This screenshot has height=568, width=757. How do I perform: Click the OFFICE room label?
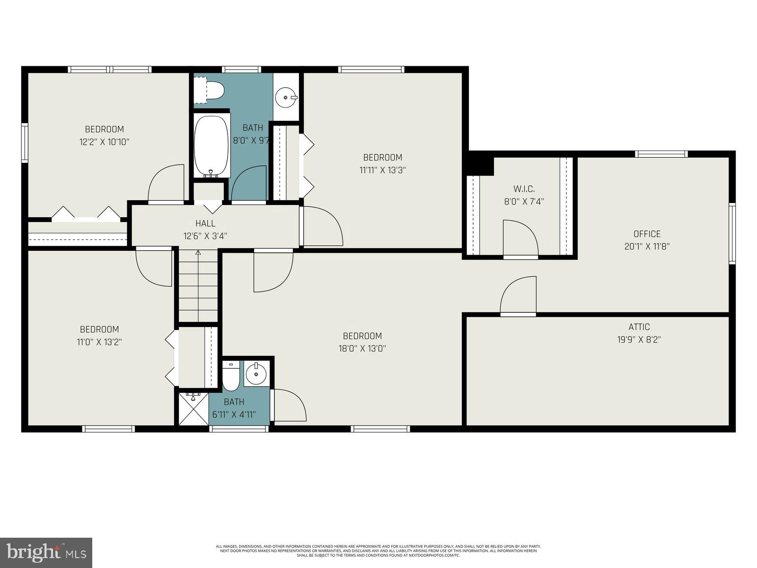(x=647, y=234)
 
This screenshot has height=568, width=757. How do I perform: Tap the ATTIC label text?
(x=639, y=327)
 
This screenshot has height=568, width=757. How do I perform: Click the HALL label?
(x=205, y=223)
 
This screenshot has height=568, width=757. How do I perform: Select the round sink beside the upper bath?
(x=286, y=98)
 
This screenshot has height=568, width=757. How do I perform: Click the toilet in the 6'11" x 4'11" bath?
(x=231, y=377)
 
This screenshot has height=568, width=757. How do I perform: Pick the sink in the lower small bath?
(x=256, y=374)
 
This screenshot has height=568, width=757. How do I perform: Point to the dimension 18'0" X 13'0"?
(x=362, y=348)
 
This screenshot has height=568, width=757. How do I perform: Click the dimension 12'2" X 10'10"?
(x=104, y=142)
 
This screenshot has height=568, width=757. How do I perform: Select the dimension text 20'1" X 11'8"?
(x=647, y=246)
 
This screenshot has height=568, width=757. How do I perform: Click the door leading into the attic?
(x=518, y=297)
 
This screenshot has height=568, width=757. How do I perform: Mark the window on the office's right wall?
(x=732, y=233)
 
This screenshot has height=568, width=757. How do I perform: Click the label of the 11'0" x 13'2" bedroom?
(x=99, y=329)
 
